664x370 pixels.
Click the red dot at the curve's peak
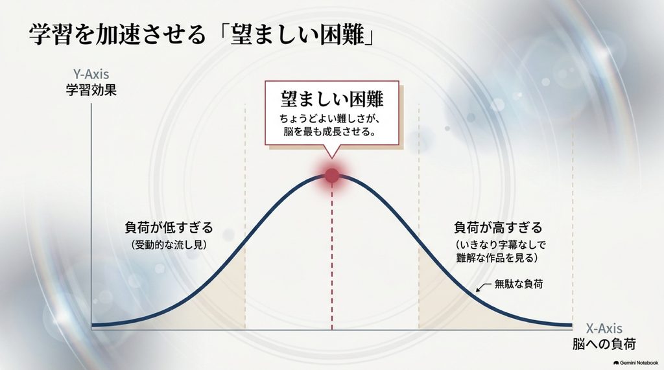[331, 175]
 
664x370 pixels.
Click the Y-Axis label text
[91, 75]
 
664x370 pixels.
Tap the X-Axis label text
[604, 329]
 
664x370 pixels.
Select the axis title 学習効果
[91, 91]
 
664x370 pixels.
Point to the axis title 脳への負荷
[604, 344]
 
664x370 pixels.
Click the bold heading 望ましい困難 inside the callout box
[331, 98]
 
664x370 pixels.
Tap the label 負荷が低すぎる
[169, 227]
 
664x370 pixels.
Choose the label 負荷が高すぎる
[498, 227]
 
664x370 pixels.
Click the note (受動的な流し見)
[169, 245]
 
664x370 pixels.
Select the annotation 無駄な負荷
[519, 284]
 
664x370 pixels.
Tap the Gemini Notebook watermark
[635, 363]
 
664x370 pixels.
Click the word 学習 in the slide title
[47, 34]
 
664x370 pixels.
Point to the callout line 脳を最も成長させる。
[330, 132]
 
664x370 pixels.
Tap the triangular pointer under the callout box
[331, 151]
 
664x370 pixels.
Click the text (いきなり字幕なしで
[501, 245]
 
